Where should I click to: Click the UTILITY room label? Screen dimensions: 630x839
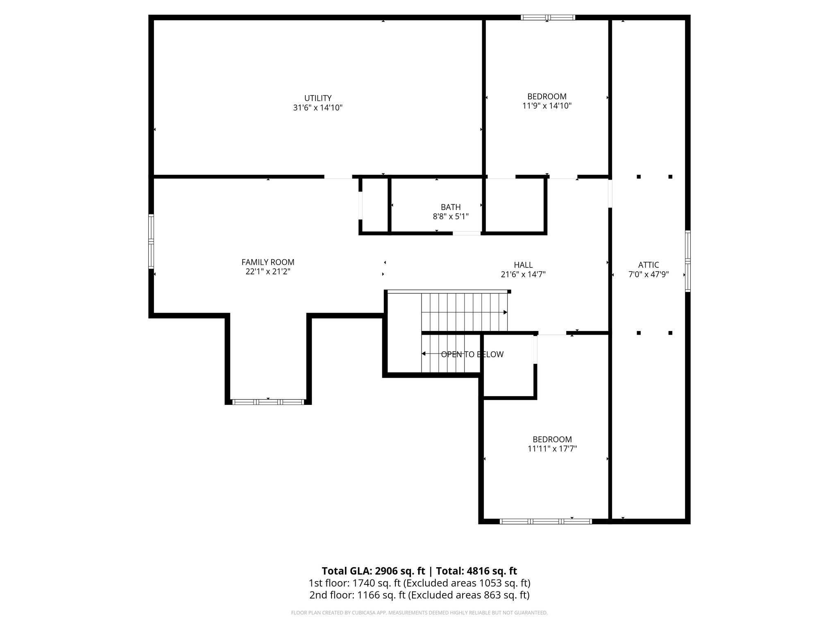(317, 98)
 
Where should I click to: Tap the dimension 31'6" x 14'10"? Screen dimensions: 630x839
(317, 108)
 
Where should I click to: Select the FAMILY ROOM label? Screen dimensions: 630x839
(268, 262)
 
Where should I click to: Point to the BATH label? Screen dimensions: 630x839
(451, 207)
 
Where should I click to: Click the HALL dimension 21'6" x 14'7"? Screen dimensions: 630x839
(523, 274)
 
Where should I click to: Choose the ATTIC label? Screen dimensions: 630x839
(649, 265)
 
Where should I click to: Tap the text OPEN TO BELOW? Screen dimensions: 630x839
(472, 354)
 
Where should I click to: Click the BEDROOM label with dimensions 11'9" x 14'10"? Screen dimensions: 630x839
(547, 96)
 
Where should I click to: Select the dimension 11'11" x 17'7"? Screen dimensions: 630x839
(552, 449)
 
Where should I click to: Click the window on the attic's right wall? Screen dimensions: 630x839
(688, 261)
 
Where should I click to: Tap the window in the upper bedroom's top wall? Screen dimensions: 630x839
(548, 18)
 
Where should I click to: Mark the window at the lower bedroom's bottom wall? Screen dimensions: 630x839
(546, 521)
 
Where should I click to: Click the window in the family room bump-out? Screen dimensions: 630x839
(268, 402)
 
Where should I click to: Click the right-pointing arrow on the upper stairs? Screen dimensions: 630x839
(505, 313)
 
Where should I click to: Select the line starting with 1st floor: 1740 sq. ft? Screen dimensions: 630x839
(419, 583)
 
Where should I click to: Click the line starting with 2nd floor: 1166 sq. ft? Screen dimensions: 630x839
(419, 595)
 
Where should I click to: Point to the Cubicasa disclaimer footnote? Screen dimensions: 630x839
(419, 613)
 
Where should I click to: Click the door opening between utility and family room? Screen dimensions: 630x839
(338, 177)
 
